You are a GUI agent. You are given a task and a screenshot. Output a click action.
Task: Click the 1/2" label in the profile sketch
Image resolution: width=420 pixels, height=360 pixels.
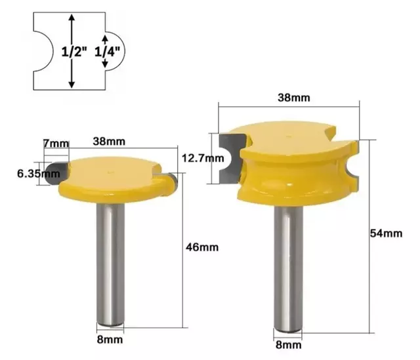click(x=74, y=52)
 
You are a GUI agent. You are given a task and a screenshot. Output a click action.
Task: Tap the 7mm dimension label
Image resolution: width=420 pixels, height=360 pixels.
click(x=56, y=144)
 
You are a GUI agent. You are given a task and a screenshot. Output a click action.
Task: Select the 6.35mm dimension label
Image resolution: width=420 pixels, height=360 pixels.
click(x=39, y=174)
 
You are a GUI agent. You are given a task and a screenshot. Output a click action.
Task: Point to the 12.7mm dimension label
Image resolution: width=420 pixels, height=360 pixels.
click(x=203, y=158)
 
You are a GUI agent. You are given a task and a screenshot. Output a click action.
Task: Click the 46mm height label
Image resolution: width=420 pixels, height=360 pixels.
click(x=202, y=247)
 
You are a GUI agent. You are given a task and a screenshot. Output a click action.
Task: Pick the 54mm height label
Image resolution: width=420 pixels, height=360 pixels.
click(x=387, y=233)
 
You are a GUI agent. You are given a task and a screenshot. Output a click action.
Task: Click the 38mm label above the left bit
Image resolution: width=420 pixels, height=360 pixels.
click(x=109, y=142)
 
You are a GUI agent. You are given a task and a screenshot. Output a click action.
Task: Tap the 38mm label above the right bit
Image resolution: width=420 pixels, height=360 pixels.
click(x=294, y=98)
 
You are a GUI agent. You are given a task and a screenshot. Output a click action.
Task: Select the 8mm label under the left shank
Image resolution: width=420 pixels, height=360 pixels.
click(x=110, y=340)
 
